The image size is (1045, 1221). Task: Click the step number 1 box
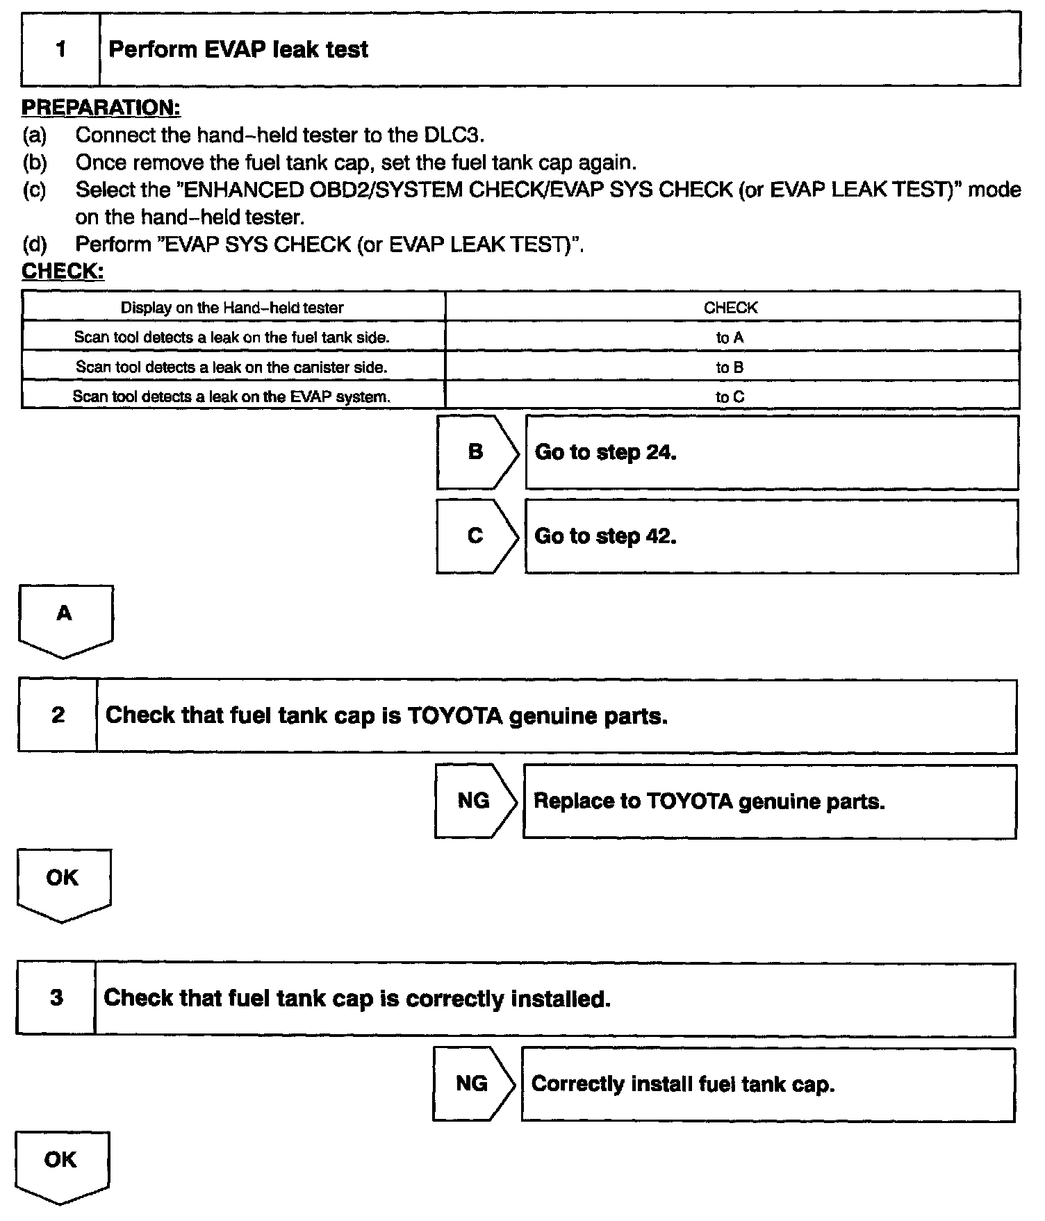point(60,49)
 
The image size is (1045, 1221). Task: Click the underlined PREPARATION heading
point(101,108)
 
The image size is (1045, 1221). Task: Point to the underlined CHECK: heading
point(63,271)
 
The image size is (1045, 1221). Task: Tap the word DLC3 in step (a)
point(452,135)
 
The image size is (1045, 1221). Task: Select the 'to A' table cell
point(730,338)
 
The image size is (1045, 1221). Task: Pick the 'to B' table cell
point(730,367)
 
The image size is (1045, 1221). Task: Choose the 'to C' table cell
point(730,397)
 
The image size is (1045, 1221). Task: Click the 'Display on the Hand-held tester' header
point(232,308)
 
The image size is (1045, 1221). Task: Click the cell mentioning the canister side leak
point(232,367)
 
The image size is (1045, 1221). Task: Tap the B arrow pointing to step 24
point(477,452)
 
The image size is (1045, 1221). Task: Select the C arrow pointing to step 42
point(477,536)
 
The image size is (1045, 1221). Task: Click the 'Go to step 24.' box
point(771,452)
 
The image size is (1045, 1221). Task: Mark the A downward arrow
point(65,619)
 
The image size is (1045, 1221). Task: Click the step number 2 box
point(58,715)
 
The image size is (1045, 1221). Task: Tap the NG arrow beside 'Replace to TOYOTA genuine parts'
point(475,801)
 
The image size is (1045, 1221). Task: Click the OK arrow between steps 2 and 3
point(63,883)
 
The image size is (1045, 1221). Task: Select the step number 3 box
point(56,998)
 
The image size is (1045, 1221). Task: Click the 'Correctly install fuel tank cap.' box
point(767,1083)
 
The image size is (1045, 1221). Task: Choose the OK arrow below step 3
point(61,1165)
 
